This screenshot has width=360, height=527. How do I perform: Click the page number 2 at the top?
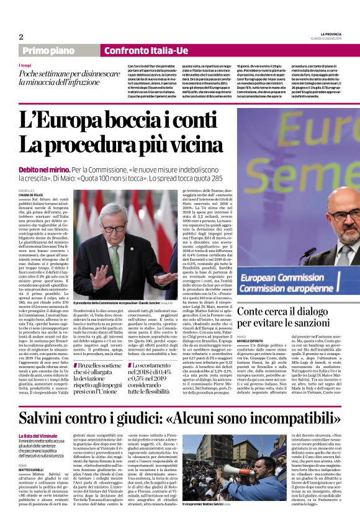[x=21, y=36]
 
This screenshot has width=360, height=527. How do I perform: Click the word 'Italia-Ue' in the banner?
[x=163, y=50]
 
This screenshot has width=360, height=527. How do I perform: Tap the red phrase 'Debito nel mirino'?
[x=42, y=168]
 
